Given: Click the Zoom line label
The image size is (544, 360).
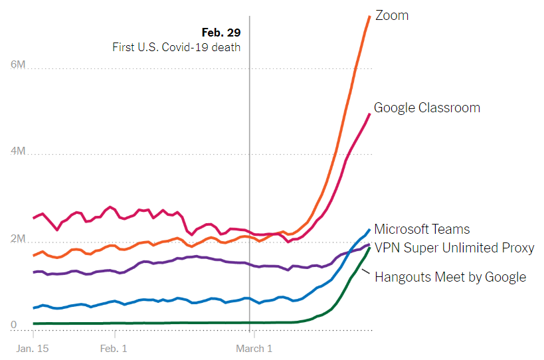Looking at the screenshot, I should point(392,15).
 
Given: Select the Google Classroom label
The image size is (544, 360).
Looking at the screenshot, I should point(426,108).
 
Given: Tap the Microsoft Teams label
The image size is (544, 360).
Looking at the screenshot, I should point(422,229).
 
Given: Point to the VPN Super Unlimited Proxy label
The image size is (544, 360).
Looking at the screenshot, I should point(454,248).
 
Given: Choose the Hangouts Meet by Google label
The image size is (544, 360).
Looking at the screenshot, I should point(450,277).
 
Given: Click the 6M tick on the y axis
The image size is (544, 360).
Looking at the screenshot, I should point(18,65).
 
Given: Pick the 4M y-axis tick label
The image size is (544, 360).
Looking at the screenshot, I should point(18,151).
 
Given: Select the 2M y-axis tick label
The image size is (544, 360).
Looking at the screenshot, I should point(18,238).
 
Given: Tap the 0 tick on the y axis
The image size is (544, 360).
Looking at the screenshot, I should point(14,325).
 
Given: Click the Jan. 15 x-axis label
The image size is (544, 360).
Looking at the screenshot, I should point(32,348).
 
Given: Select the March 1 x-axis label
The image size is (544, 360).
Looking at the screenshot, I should point(254,348).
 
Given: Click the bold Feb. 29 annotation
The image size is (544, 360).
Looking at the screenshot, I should point(221,32).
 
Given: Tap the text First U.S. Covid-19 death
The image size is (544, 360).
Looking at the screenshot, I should point(176,47).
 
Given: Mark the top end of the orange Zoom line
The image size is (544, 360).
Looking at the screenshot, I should point(369,16).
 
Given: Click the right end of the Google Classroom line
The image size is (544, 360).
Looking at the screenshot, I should point(369,114).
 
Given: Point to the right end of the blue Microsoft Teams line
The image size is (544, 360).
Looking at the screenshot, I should point(369,230).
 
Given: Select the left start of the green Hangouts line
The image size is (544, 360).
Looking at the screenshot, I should point(34,323).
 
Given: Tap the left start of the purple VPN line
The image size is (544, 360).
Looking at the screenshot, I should point(34,272).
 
